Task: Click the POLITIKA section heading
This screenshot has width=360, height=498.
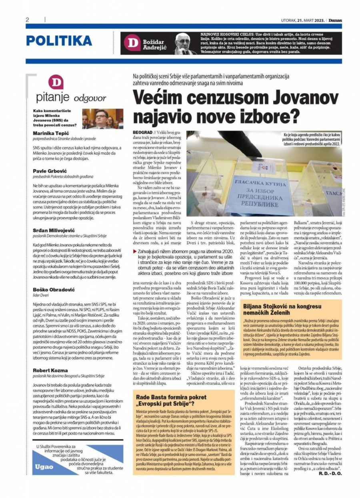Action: click(59, 41)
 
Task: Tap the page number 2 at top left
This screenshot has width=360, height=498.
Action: click(28, 20)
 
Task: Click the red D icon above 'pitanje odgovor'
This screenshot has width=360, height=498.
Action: click(56, 82)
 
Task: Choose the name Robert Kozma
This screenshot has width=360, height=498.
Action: click(47, 370)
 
